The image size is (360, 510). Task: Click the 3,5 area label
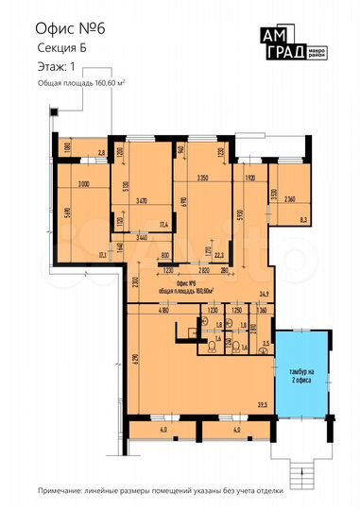pyautogui.click(x=266, y=344)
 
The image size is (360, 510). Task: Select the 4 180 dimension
pyautogui.click(x=137, y=311)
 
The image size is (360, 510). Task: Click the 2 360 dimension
pyautogui.click(x=290, y=197)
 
